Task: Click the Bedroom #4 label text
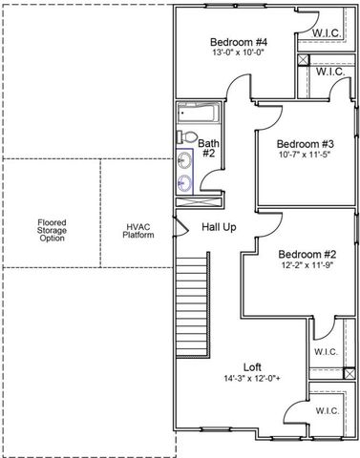click(238, 42)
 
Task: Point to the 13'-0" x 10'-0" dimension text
click(238, 53)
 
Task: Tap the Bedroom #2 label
click(307, 255)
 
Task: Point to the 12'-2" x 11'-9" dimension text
click(307, 266)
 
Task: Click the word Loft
click(252, 366)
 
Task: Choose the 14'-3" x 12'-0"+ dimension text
click(252, 378)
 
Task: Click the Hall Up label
click(219, 226)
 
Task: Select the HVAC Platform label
click(139, 230)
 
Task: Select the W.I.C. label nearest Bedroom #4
click(328, 35)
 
